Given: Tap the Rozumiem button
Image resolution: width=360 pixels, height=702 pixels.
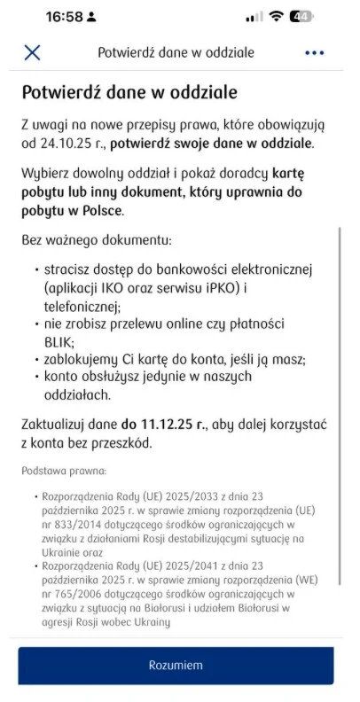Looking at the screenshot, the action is [176, 665].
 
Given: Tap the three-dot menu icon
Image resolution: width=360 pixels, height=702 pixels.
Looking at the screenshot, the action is [315, 52].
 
